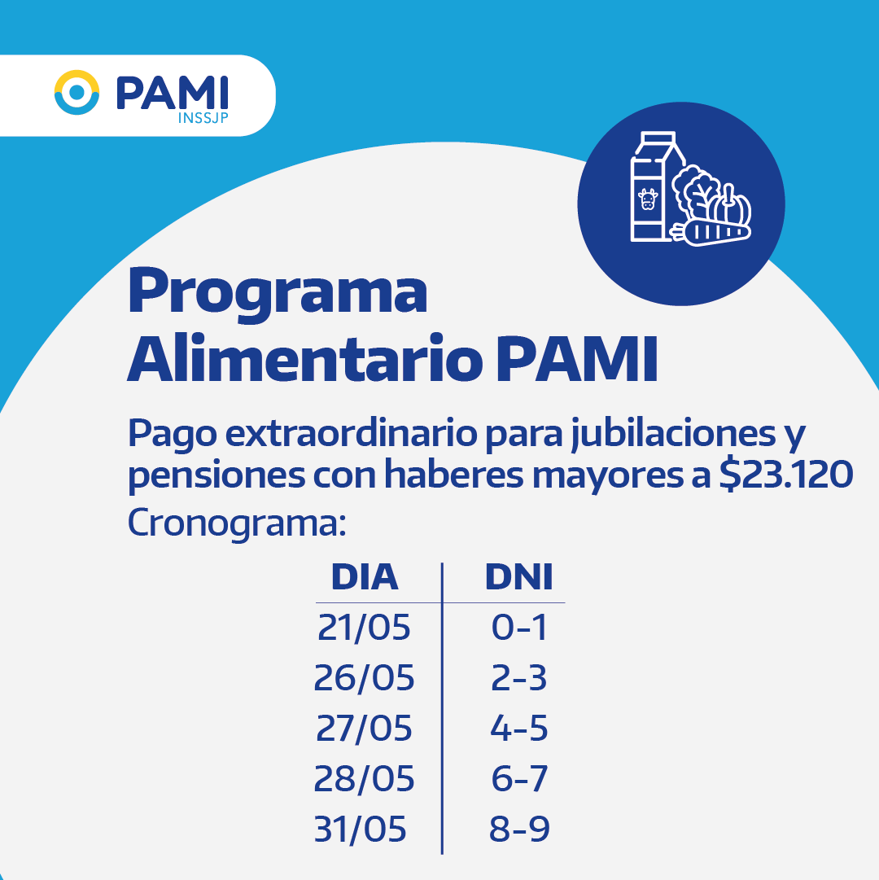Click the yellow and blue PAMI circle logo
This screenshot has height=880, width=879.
(x=77, y=93)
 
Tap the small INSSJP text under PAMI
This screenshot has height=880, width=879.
(x=203, y=118)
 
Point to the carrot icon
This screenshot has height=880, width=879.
(x=711, y=232)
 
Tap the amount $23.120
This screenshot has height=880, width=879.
(x=786, y=475)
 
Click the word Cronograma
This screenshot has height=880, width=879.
(x=237, y=524)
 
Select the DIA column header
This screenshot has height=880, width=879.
(x=365, y=577)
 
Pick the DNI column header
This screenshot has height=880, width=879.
(x=519, y=577)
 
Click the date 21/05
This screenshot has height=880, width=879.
(x=364, y=628)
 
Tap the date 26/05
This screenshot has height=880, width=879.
(x=364, y=678)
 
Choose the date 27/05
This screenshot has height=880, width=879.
(x=364, y=729)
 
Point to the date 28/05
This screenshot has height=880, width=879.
(x=364, y=779)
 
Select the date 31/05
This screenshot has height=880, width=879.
(x=360, y=830)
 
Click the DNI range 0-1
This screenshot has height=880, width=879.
(x=519, y=628)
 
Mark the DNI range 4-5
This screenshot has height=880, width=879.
(x=519, y=729)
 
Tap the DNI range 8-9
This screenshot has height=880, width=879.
(x=519, y=830)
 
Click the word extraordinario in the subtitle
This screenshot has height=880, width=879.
(x=351, y=433)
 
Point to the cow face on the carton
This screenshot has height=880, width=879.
(x=648, y=199)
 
